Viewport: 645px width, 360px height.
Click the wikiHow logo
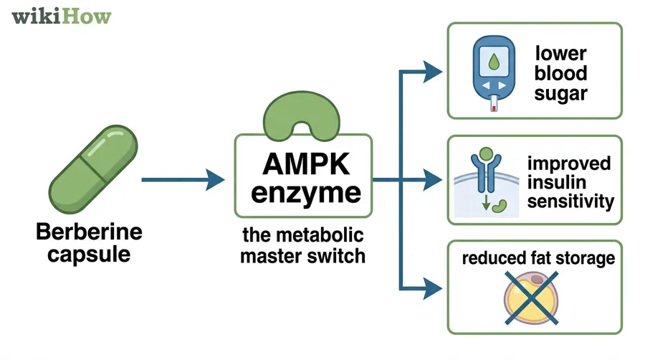61,16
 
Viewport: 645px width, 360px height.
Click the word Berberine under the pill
89,232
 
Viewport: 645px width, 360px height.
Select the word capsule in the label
89,253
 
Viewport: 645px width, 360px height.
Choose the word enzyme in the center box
305,193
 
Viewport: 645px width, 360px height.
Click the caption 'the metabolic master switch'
303,245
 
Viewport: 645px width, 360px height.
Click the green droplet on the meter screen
492,62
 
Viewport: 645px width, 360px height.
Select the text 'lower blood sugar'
560,72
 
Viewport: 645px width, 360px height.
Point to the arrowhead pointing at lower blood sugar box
432,71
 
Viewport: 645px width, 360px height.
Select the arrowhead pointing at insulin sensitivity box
432,179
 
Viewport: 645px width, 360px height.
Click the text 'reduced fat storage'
538,258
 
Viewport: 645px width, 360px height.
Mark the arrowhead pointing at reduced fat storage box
432,288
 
